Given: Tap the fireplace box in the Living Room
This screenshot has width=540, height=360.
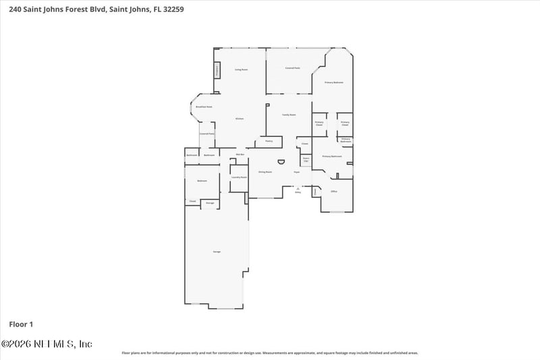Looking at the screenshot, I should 217,70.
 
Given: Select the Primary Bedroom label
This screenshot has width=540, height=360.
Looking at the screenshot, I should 333,82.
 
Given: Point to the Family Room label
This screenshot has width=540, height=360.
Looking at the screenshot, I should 289,115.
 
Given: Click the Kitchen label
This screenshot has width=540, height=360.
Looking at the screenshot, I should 239,119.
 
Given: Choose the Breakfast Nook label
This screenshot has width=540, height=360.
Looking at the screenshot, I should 204,107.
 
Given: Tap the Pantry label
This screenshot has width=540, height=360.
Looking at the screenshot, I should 269,141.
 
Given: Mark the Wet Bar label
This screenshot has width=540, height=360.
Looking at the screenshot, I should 240,155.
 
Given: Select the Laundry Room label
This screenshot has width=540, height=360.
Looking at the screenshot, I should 239,177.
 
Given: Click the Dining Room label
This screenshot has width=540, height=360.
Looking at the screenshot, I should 265,172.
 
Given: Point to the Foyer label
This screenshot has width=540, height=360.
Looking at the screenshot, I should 296,172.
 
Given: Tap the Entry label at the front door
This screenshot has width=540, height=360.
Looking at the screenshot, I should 298,192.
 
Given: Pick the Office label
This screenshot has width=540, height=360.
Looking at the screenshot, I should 333,192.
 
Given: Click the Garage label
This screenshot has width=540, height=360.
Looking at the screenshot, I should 217,251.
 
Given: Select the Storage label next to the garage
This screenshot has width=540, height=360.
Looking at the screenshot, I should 210,202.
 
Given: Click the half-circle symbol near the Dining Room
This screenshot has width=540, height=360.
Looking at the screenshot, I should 281,162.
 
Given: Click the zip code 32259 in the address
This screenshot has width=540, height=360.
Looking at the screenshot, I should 172,10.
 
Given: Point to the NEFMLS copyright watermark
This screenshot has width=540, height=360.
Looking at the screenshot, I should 47,344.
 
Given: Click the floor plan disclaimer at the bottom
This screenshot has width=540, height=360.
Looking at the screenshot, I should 270,353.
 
